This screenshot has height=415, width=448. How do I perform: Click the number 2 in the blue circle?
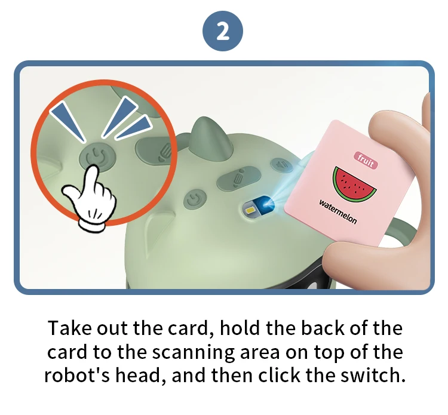(x=223, y=31)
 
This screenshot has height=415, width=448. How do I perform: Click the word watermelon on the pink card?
(x=338, y=211)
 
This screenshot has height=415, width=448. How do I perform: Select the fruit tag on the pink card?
(x=366, y=160)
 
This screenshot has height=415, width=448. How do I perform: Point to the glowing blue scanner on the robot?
(x=259, y=207)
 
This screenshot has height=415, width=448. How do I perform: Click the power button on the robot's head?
(x=195, y=198)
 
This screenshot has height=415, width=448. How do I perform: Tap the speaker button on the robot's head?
(x=281, y=164)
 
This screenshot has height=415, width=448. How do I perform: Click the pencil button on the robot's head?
(x=238, y=179)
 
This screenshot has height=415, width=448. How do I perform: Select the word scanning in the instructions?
(x=193, y=352)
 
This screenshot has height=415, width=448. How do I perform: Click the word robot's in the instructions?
(x=77, y=375)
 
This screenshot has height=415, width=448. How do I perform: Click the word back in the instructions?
(x=323, y=328)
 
